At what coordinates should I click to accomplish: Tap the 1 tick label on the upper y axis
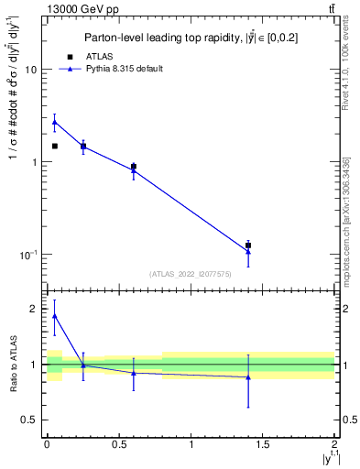33,163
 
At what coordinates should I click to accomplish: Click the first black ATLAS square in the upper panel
54,146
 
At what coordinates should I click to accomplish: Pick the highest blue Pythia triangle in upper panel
54,122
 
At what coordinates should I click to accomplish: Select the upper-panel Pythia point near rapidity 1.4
248,251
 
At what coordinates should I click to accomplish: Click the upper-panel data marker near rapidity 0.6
134,168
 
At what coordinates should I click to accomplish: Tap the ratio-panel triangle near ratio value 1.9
54,316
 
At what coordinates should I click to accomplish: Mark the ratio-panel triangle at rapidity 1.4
248,377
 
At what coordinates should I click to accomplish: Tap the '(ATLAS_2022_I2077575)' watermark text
190,273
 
